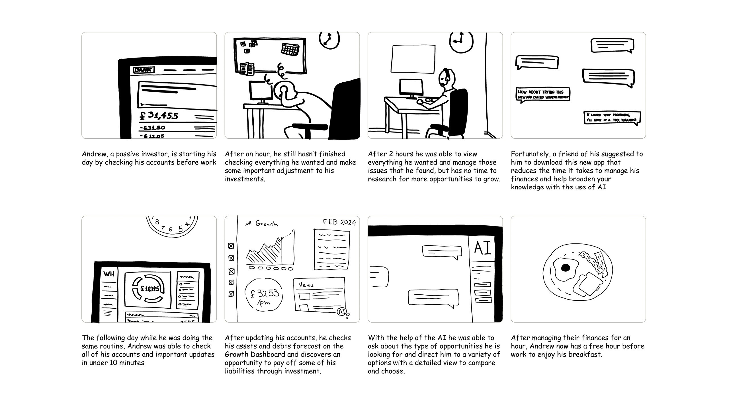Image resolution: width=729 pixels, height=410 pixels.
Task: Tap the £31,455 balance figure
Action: pos(159,115)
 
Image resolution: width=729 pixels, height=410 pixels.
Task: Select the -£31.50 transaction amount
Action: pos(152,128)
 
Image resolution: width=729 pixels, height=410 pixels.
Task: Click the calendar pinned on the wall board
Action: pos(290,49)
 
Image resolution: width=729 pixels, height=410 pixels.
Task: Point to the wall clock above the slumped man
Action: pos(329,40)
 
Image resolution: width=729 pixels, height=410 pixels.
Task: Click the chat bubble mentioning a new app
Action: pos(543,95)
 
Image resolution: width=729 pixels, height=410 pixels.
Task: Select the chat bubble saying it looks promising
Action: pos(612,118)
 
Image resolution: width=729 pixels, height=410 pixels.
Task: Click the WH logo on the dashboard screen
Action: pos(109,274)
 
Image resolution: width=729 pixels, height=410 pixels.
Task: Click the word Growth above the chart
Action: pos(266,224)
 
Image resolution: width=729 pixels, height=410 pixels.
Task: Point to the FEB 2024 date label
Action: pos(339,222)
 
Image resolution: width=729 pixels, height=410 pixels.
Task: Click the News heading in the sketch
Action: pos(306,285)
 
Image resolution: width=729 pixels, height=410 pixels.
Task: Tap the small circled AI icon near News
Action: pos(342,312)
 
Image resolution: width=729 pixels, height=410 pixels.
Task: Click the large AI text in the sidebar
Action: pos(483,248)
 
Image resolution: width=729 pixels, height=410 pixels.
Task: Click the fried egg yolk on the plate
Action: pos(566,268)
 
